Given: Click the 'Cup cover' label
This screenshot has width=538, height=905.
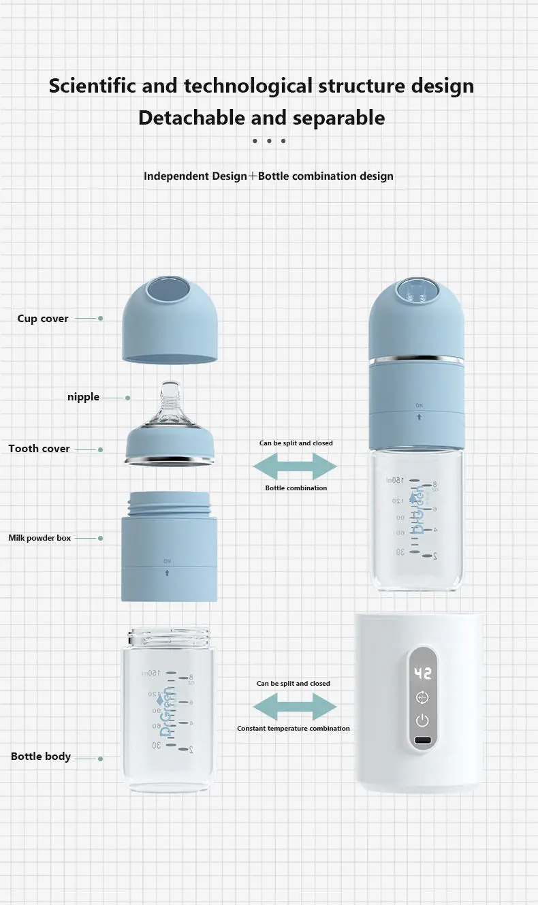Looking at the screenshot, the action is [x=43, y=319].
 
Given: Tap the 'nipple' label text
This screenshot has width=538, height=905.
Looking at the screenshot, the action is [x=83, y=397].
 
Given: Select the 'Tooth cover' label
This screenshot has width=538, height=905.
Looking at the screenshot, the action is [x=39, y=449].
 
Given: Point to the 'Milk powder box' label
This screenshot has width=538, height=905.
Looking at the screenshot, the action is [x=39, y=538].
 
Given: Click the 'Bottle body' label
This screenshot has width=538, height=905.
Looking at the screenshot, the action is [x=41, y=757].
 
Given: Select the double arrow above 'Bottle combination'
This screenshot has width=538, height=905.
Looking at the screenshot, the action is [x=295, y=466].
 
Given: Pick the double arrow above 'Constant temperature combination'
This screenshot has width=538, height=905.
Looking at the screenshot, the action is [x=295, y=706].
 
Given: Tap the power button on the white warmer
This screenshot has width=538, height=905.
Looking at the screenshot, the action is [x=423, y=720].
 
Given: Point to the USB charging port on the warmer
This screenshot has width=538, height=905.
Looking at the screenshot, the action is [x=423, y=742].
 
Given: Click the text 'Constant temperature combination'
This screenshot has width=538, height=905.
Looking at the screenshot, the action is [x=294, y=729].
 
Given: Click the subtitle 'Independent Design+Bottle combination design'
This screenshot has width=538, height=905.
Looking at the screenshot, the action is [x=268, y=176].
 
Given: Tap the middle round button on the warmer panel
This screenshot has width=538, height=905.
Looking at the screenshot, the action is [x=423, y=697].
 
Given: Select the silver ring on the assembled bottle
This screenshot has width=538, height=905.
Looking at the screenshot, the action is [x=416, y=359].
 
